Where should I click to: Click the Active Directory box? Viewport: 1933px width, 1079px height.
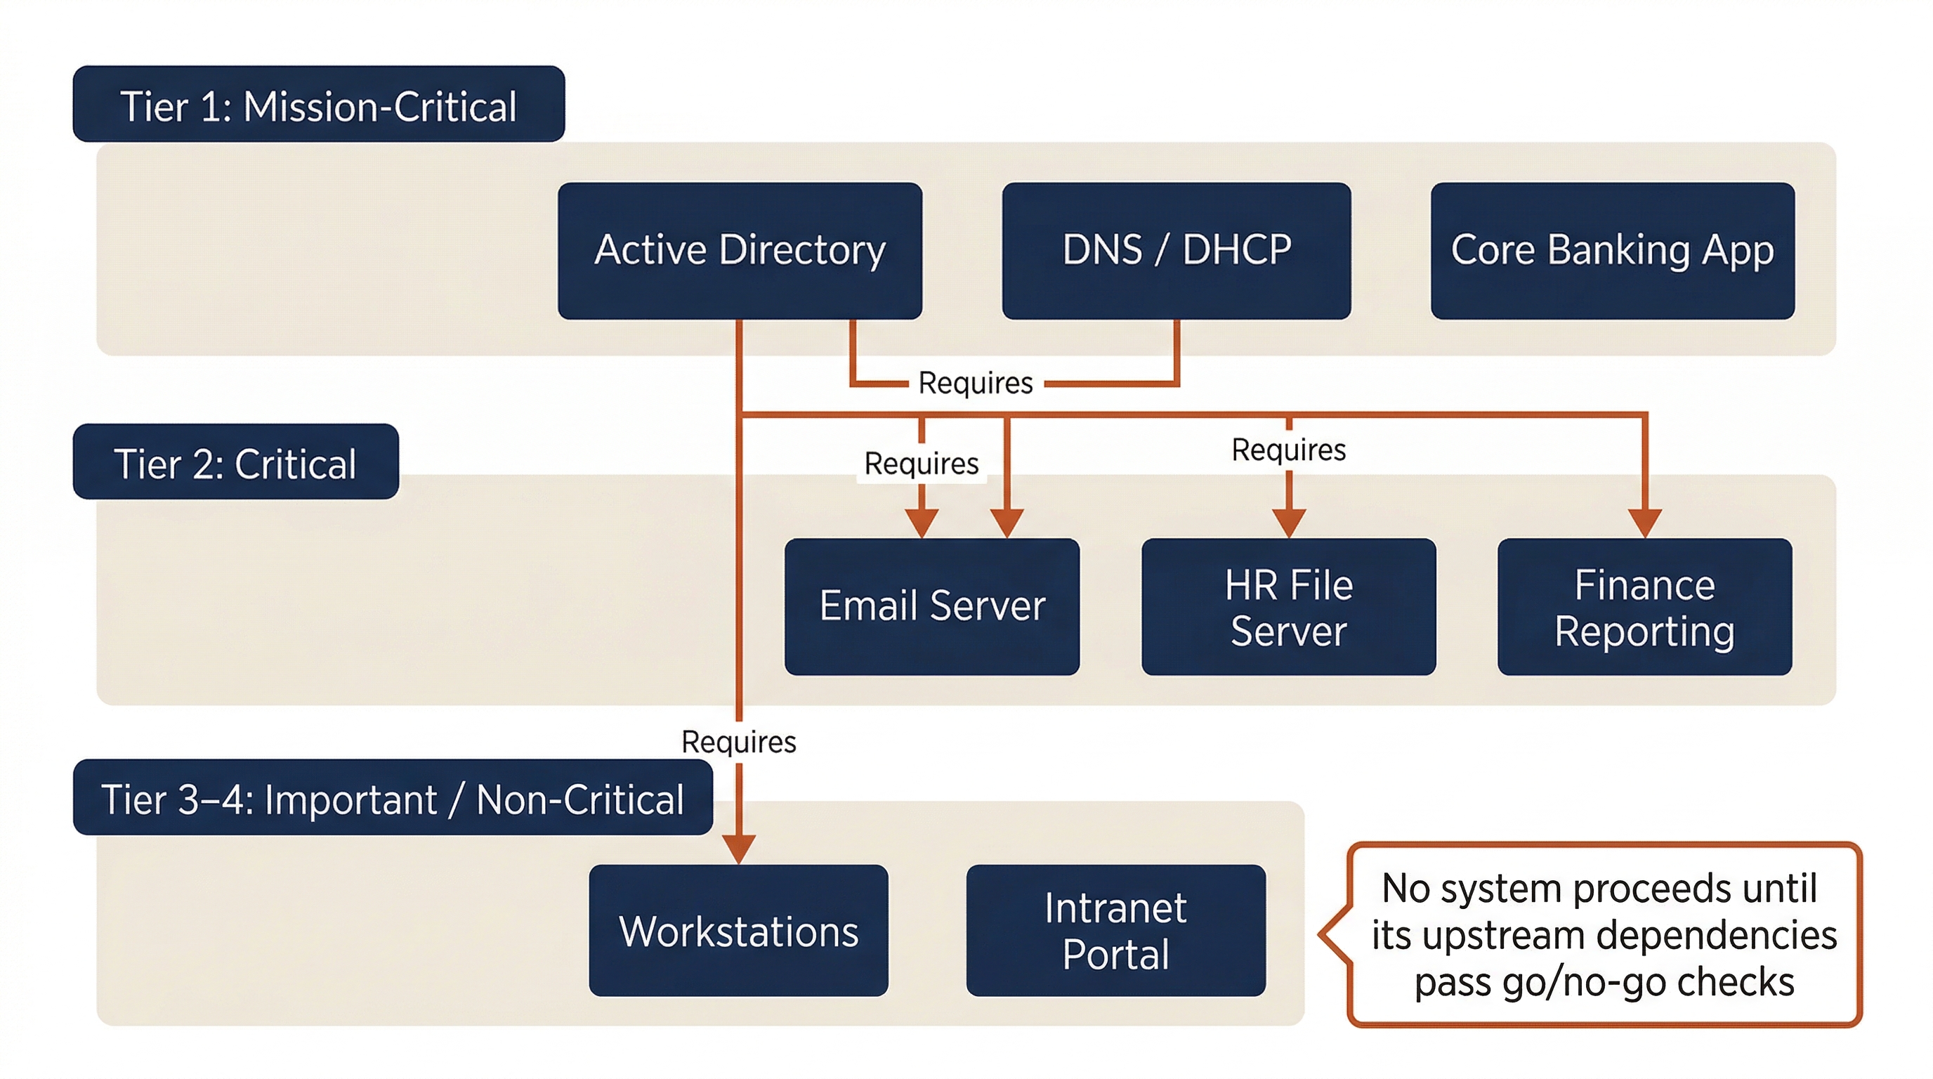[739, 251]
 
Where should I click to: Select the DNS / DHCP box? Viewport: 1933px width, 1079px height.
[1176, 251]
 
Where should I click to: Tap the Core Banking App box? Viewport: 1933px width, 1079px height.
[1612, 251]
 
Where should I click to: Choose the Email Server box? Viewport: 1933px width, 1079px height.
[931, 606]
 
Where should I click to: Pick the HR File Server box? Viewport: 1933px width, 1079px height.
[1287, 606]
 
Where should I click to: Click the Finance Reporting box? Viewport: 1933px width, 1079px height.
[1644, 606]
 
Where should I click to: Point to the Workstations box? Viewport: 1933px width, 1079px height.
[738, 931]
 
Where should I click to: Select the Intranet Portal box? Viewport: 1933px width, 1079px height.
[1115, 931]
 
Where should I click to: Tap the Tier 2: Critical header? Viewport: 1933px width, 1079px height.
[235, 462]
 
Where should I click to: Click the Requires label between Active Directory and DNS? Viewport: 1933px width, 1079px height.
[975, 383]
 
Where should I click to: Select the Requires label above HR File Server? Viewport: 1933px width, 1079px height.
[1287, 450]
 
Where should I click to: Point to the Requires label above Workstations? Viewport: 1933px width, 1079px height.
[738, 741]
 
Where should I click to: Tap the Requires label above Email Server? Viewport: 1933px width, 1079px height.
[921, 463]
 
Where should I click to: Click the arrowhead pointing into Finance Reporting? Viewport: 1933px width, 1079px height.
[1644, 523]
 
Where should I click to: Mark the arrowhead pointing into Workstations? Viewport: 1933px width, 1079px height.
[738, 849]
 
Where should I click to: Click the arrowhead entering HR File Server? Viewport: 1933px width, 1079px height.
[1288, 523]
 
